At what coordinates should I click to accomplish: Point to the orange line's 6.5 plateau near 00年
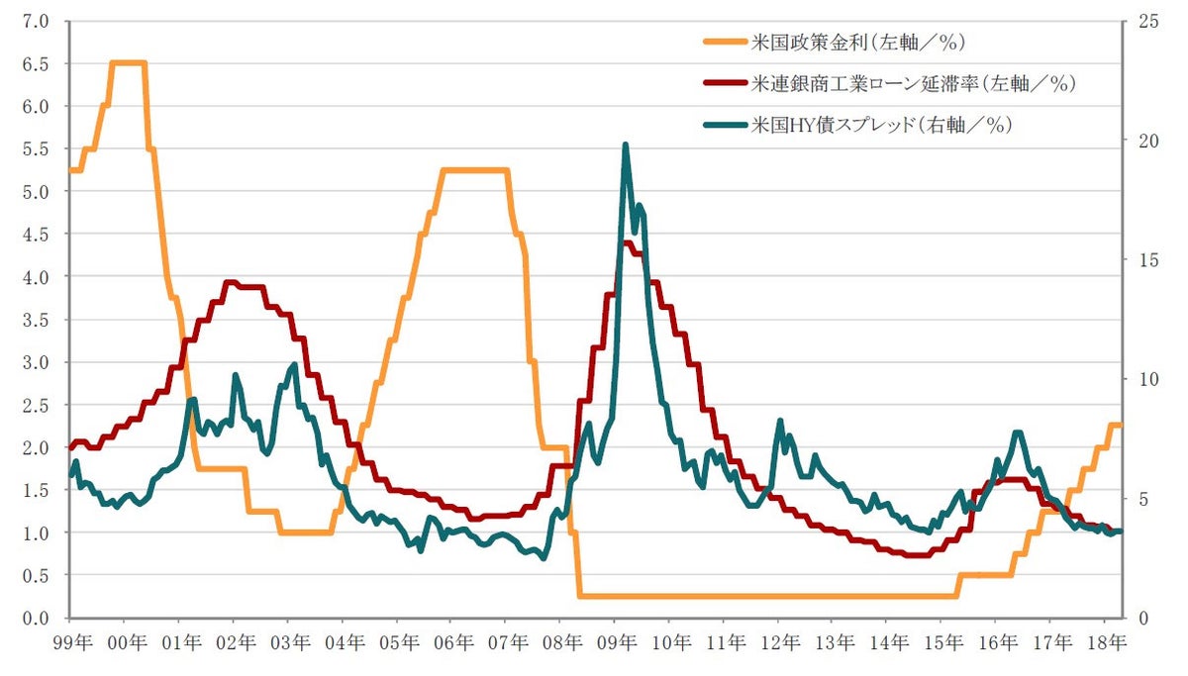(x=128, y=62)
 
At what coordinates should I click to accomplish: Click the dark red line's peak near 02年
(x=230, y=282)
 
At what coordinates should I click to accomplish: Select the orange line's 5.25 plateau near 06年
(x=475, y=170)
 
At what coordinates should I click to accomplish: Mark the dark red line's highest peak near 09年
(x=626, y=243)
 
